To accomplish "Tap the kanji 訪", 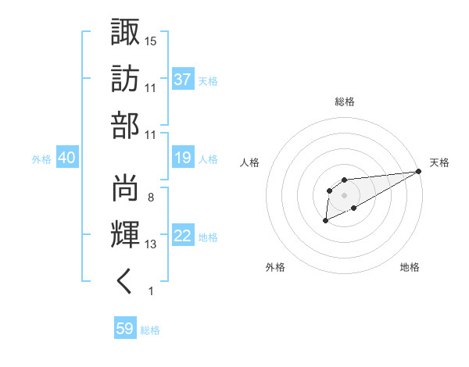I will pyautogui.click(x=125, y=78).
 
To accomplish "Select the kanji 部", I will pyautogui.click(x=125, y=125).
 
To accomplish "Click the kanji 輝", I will pyautogui.click(x=125, y=235).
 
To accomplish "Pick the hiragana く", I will pyautogui.click(x=125, y=283).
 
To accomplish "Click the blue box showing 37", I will pyautogui.click(x=183, y=79).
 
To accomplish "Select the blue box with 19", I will pyautogui.click(x=183, y=158).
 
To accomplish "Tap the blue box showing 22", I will pyautogui.click(x=183, y=237).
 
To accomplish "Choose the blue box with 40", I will pyautogui.click(x=67, y=158).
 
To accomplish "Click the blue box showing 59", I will pyautogui.click(x=125, y=329).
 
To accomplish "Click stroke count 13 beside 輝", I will pyautogui.click(x=151, y=244).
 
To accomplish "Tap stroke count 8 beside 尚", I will pyautogui.click(x=150, y=198).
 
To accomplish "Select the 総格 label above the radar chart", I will pyautogui.click(x=344, y=102).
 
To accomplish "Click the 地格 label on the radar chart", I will pyautogui.click(x=410, y=268).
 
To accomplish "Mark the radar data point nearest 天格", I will pyautogui.click(x=419, y=171).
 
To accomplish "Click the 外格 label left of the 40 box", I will pyautogui.click(x=41, y=159).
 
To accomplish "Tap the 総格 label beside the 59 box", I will pyautogui.click(x=150, y=330).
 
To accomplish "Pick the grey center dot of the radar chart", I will pyautogui.click(x=344, y=194).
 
